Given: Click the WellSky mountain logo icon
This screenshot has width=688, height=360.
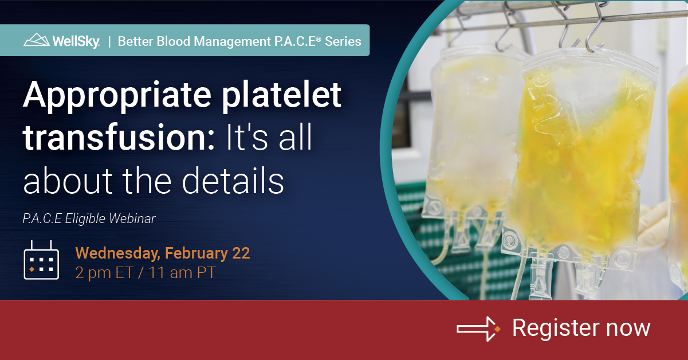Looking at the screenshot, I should pyautogui.click(x=37, y=40).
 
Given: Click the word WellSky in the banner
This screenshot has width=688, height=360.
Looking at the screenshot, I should pyautogui.click(x=76, y=41).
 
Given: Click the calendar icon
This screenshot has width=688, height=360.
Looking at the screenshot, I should pyautogui.click(x=41, y=261).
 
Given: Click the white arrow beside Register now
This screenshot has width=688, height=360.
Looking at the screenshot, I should pyautogui.click(x=478, y=328).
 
